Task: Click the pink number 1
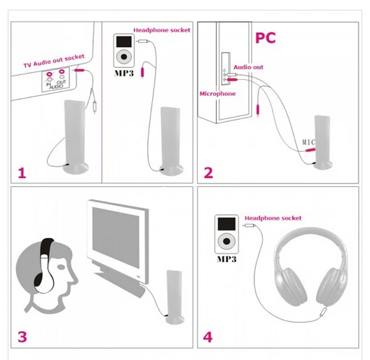coord(22,172)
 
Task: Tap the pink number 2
coord(207,172)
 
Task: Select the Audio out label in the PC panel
coord(248,67)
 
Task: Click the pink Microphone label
coord(217,92)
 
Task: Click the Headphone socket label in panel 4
coord(273,219)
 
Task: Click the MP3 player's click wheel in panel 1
coord(123,55)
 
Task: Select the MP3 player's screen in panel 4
coord(226,226)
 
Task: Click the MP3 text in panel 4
coord(226,259)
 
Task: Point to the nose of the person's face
coord(75,283)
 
